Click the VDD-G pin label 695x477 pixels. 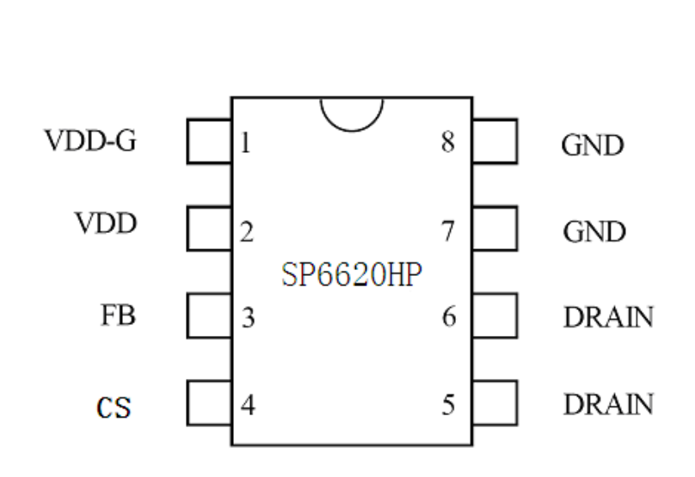coord(90,141)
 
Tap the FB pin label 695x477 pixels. coord(118,316)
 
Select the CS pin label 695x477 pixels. coord(114,406)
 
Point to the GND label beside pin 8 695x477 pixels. coord(592,145)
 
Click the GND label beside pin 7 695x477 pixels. coord(594,232)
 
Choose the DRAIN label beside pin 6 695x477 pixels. coord(607,318)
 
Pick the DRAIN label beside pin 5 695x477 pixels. coord(607,405)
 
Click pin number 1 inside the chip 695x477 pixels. coord(246,143)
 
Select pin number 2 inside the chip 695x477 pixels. coord(247,231)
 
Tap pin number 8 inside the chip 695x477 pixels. coord(448,143)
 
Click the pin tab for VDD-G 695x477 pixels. coord(209,142)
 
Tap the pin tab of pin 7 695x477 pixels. coord(495,229)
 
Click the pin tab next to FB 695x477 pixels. coord(209,316)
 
